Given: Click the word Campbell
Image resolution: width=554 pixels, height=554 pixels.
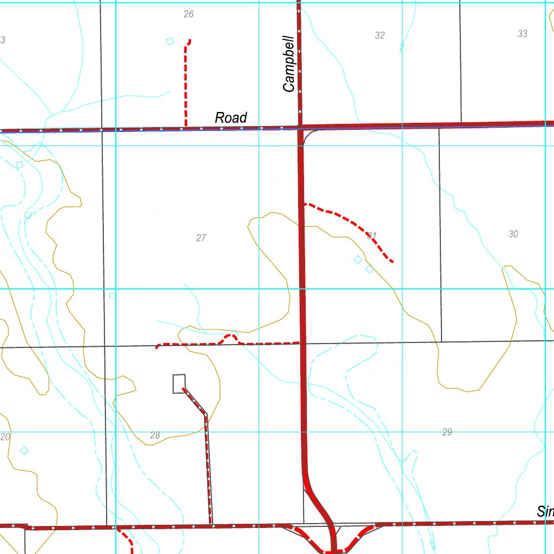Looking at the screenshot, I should [289, 64].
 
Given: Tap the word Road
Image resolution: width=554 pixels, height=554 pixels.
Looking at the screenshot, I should [231, 117].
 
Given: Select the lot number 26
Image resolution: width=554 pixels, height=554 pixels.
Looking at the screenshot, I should [188, 14].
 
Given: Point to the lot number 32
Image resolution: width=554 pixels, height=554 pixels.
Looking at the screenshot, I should [380, 35].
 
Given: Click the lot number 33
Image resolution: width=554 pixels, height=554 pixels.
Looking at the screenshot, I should [522, 34].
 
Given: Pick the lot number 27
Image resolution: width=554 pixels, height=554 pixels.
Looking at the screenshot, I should [201, 238].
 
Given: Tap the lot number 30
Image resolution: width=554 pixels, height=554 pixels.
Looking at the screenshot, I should [513, 234].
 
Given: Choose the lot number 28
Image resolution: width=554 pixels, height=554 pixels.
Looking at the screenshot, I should [155, 436].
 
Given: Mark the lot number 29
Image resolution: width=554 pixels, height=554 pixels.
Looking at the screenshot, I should [447, 432].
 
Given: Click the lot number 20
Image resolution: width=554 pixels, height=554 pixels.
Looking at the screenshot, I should [5, 437].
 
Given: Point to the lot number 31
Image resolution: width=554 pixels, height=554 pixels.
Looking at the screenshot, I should [372, 235].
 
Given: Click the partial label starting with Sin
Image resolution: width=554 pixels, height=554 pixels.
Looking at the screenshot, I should [545, 511].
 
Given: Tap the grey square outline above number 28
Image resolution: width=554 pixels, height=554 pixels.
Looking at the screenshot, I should [179, 384].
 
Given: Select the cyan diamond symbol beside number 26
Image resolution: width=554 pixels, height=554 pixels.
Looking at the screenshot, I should [170, 41].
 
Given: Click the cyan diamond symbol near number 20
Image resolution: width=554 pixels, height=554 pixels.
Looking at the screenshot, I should [24, 450].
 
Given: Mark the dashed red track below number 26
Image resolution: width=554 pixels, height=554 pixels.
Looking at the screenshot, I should [186, 81].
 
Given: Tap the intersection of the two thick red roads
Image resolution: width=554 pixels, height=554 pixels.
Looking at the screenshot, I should [300, 127].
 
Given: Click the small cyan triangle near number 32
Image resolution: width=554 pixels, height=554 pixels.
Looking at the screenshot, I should [401, 48].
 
